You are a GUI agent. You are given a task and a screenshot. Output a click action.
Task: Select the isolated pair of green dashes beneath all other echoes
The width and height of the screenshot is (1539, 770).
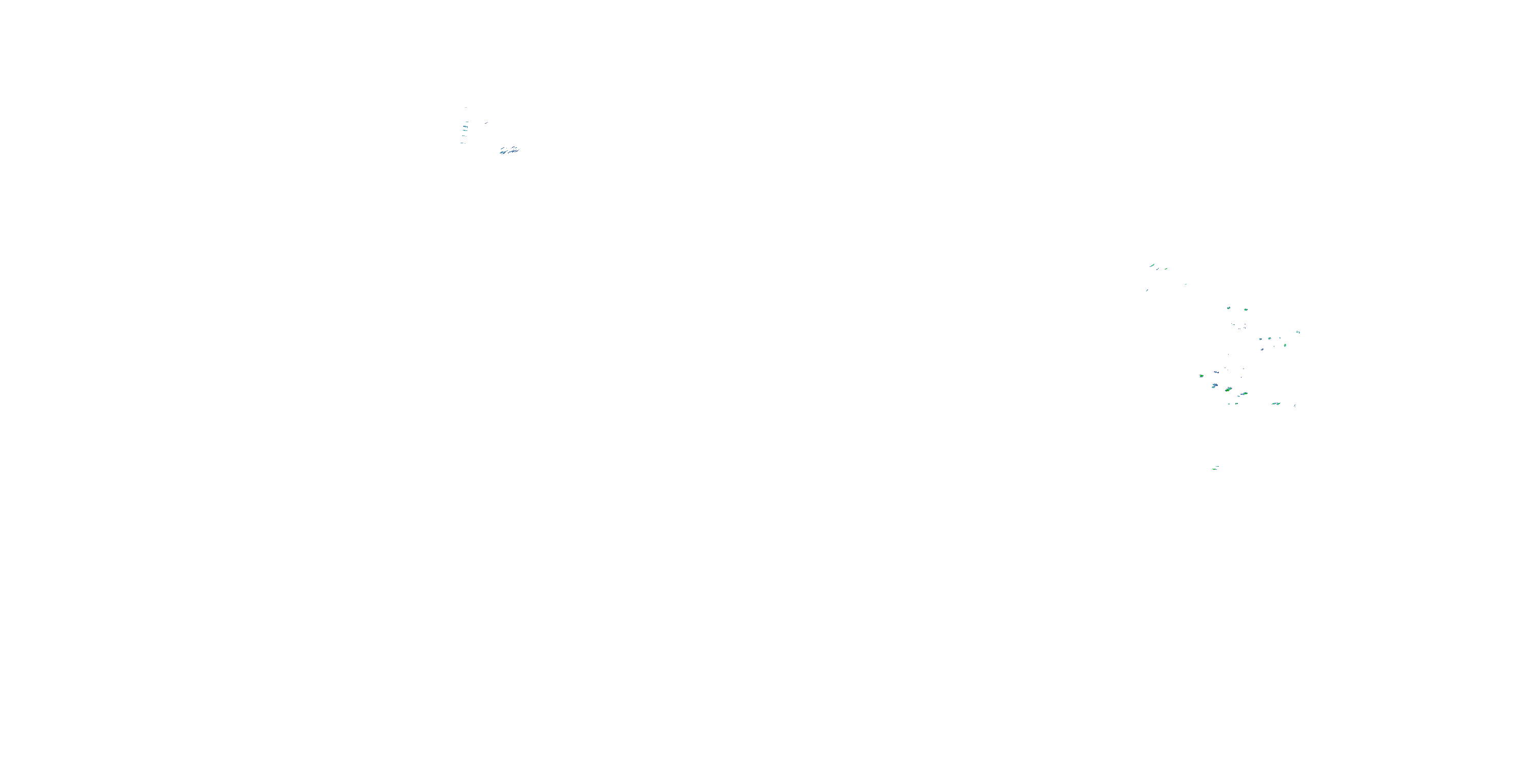tap(1216, 468)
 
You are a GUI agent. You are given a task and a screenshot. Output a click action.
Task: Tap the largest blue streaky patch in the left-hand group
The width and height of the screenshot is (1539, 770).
tap(509, 150)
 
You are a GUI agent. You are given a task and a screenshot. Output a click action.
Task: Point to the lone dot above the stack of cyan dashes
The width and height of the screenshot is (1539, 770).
tap(466, 108)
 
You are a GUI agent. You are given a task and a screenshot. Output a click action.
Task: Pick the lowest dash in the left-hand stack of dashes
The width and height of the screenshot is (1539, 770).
tap(462, 143)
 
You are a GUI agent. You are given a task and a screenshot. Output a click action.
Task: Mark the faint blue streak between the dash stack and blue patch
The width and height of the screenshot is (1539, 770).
tap(486, 123)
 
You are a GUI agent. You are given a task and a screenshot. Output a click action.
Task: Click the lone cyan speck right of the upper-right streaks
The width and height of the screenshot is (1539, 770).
tap(1186, 284)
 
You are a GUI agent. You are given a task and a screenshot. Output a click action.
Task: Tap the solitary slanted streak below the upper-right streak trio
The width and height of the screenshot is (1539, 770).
tap(1147, 291)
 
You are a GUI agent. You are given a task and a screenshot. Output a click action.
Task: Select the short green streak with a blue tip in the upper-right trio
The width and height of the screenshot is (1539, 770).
tap(1166, 269)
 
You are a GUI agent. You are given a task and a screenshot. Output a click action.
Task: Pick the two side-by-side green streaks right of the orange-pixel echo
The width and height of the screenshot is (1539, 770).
tap(1244, 394)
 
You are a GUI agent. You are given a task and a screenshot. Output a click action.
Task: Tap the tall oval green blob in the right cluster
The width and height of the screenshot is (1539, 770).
tap(1285, 345)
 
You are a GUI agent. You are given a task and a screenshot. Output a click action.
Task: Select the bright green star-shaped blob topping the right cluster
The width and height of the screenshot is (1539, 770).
tap(1246, 310)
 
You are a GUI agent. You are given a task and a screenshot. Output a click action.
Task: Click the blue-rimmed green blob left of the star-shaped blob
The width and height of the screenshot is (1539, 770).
tap(1229, 308)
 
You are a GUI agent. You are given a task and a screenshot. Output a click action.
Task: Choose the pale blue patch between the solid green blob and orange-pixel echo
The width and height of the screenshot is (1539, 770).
tap(1215, 386)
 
